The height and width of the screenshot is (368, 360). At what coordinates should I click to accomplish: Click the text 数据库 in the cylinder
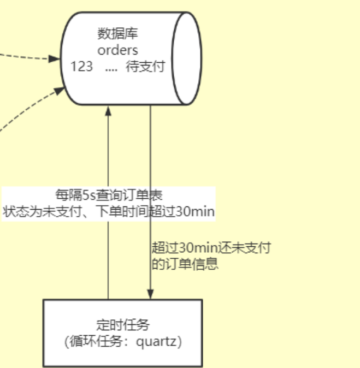coord(117,34)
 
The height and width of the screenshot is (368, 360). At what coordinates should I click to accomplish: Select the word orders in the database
coord(117,50)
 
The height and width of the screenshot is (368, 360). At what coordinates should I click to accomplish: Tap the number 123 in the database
coord(82,67)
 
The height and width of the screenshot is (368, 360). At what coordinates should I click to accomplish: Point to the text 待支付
coord(145,67)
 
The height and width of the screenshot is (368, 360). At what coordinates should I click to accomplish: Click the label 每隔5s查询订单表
coord(109,195)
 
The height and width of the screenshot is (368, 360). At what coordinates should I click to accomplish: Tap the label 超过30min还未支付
coord(211,248)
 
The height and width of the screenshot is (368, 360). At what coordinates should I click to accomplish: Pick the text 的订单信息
coord(185,264)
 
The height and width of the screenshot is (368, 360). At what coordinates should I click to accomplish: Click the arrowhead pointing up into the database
coord(108,110)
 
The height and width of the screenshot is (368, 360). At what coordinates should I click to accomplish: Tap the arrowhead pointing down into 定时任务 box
coord(150,295)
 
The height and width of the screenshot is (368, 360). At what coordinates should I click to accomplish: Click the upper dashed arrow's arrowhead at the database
coord(55,58)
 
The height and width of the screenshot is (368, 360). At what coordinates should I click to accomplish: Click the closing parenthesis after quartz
coord(179,342)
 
